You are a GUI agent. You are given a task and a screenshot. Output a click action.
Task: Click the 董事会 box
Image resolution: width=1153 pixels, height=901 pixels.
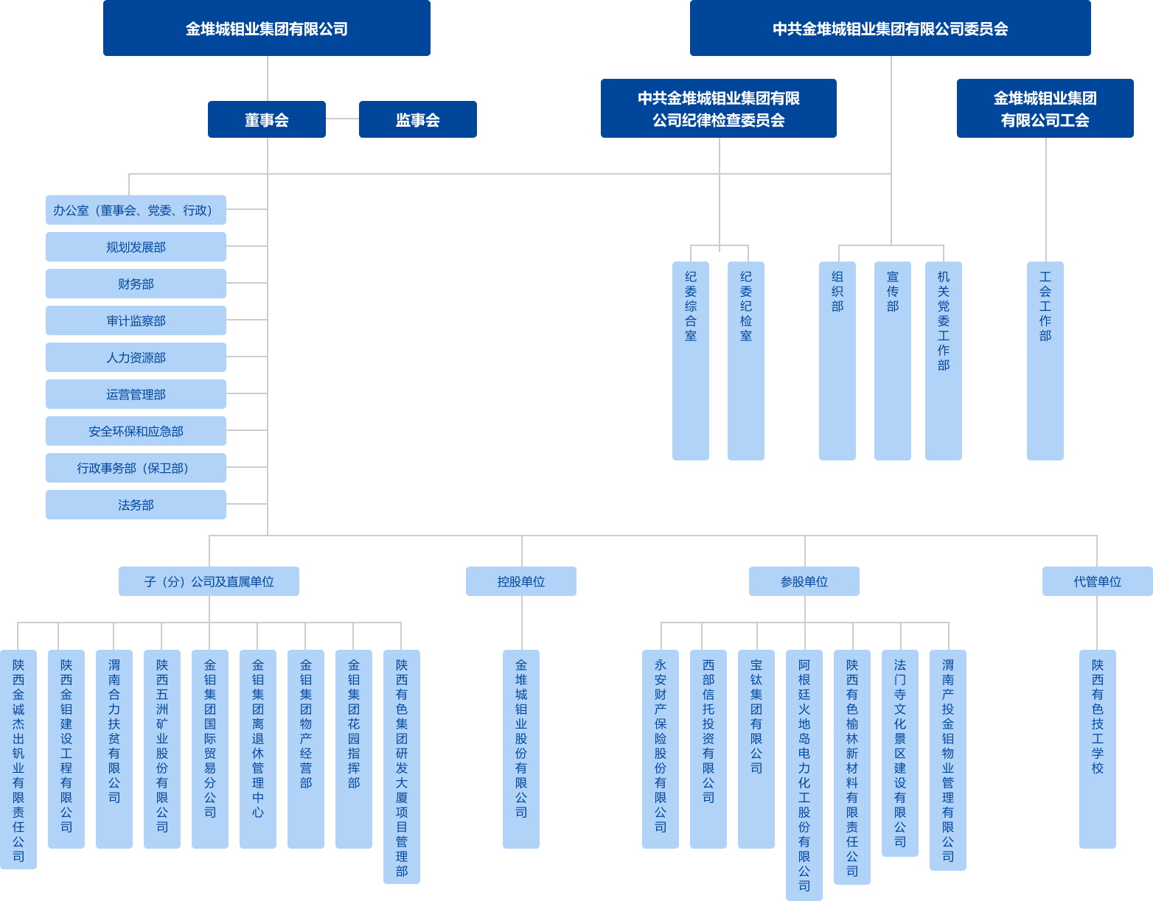(266, 119)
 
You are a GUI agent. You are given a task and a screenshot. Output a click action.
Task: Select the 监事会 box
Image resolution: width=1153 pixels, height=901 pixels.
(417, 119)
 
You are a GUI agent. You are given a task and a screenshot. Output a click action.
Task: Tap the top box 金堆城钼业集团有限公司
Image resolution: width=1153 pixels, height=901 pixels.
(266, 28)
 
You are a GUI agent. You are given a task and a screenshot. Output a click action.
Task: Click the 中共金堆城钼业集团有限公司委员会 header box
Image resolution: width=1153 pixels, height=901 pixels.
(890, 28)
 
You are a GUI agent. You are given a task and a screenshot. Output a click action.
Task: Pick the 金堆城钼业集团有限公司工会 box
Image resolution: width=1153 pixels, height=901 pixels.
(1045, 108)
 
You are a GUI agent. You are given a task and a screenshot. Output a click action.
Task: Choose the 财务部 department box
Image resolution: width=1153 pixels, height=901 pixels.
(136, 284)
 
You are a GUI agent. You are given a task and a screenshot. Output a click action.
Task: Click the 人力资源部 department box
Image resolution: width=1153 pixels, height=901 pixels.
(136, 357)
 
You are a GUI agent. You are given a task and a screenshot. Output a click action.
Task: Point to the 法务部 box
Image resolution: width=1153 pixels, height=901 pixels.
(136, 505)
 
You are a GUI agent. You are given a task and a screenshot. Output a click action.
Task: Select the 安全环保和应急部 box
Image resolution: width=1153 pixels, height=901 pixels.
(136, 431)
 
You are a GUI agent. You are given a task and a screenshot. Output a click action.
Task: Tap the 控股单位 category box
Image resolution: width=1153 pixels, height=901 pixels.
(520, 581)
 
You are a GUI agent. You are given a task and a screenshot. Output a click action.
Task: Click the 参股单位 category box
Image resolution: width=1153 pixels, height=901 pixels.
(804, 581)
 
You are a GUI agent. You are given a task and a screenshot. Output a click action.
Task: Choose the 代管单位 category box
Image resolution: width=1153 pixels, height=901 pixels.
(1097, 581)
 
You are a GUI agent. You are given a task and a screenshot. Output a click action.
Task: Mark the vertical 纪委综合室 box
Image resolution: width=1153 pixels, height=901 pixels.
(691, 360)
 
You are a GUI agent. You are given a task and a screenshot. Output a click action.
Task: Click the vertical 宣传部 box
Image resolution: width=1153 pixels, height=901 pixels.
(892, 360)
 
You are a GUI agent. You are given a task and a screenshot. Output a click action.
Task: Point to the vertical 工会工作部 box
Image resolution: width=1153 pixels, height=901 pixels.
(1045, 360)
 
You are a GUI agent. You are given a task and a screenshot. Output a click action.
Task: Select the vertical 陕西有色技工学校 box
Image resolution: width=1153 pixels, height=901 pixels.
(1097, 749)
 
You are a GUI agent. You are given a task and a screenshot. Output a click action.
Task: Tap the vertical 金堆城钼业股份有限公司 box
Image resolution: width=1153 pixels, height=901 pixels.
(520, 749)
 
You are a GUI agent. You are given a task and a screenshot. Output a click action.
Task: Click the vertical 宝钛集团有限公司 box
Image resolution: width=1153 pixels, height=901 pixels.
(756, 749)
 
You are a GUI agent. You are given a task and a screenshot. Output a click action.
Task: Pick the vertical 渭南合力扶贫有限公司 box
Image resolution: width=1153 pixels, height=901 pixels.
(114, 749)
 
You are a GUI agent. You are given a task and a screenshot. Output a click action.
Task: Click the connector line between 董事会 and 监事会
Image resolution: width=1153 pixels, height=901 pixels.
(342, 119)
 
